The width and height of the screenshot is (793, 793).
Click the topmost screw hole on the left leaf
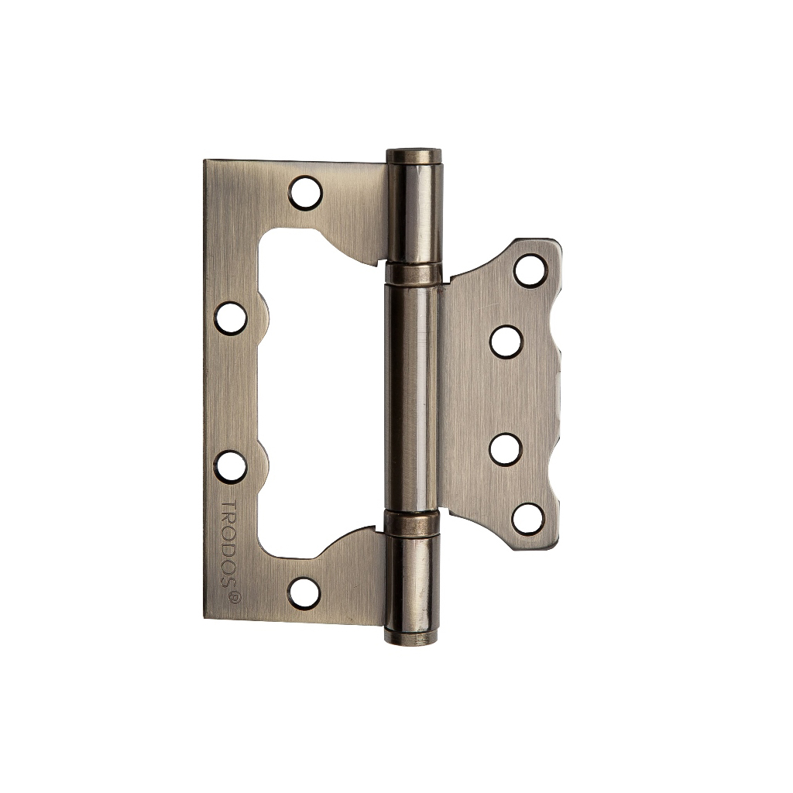[305, 193]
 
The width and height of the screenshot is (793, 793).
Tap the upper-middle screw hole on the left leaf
[231, 318]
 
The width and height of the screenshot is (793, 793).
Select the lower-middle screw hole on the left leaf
[230, 466]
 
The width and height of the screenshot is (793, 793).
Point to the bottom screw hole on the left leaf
[304, 592]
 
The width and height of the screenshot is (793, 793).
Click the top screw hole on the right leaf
[530, 271]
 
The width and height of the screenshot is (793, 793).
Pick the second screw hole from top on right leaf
[506, 342]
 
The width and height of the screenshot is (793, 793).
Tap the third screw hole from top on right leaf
[506, 449]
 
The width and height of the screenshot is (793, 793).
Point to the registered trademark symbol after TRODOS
[235, 597]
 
